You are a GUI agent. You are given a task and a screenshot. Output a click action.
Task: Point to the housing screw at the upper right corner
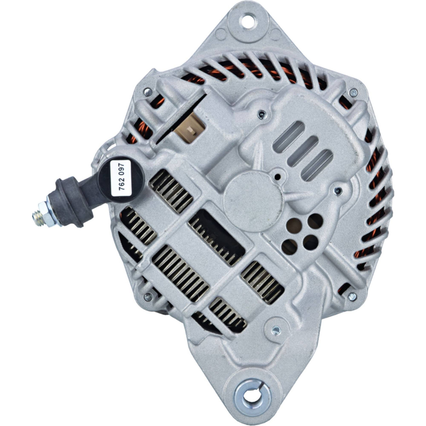click(x=353, y=92)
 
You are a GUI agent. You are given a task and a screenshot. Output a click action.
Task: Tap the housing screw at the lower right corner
click(x=352, y=296)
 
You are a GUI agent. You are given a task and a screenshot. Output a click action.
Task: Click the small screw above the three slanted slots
click(x=262, y=115)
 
